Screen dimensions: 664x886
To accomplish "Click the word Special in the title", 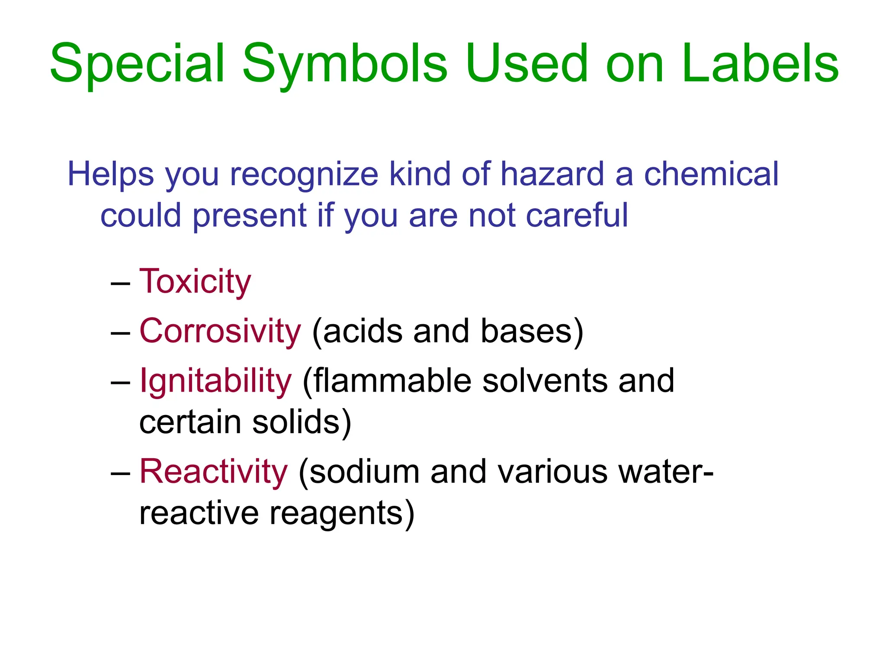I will (138, 64).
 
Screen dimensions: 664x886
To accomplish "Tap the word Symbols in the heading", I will (344, 64).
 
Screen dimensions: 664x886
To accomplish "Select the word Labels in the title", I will (760, 64).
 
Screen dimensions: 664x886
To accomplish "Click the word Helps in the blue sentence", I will (111, 174).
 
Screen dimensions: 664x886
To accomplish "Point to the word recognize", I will (304, 174).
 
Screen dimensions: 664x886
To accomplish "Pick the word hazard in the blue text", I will (552, 174).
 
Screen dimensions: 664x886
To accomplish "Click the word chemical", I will (711, 174).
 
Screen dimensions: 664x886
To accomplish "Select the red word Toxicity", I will (195, 281).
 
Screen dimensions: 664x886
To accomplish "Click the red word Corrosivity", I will (220, 331).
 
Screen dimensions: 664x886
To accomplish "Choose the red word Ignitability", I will (215, 381).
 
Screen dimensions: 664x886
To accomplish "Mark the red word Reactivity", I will (213, 472).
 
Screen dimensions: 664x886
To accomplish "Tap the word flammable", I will (392, 381).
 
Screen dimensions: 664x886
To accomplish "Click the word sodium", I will (364, 472).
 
